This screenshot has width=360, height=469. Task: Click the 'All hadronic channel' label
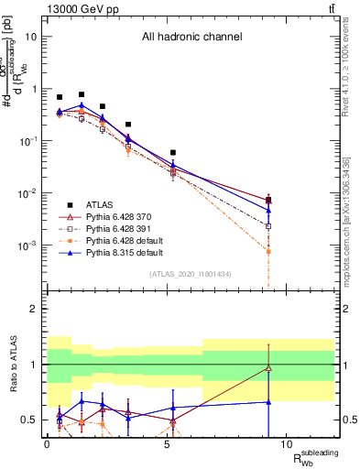pyautogui.click(x=191, y=38)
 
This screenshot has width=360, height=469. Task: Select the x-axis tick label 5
pyautogui.click(x=167, y=443)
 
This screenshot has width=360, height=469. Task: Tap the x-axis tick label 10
pyautogui.click(x=286, y=443)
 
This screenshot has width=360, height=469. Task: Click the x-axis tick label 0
pyautogui.click(x=47, y=443)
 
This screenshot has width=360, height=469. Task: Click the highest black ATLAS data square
pyautogui.click(x=82, y=94)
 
